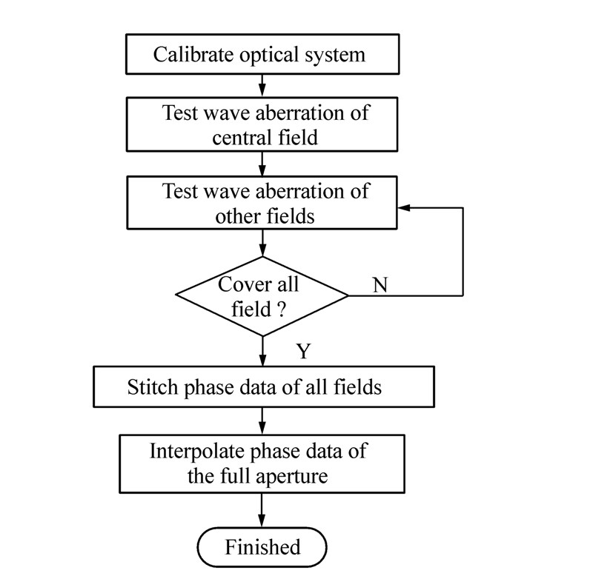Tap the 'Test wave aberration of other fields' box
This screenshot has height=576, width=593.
pos(262,203)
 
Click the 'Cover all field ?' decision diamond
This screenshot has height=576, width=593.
pos(262,295)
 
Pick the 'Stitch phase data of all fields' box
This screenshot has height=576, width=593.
pos(262,386)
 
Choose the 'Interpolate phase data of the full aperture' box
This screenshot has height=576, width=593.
pos(262,463)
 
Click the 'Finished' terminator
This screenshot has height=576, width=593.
pos(262,547)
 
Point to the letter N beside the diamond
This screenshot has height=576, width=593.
pos(380,285)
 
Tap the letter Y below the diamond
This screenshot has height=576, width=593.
pos(302,351)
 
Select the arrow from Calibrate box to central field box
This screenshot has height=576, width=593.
pos(262,84)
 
